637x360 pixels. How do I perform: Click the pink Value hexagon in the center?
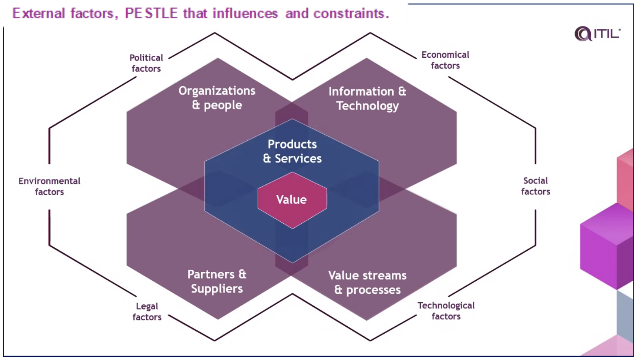coord(292,200)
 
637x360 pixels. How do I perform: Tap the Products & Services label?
coord(292,151)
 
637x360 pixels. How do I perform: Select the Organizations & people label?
coord(217,98)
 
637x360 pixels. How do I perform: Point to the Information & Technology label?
coord(367,98)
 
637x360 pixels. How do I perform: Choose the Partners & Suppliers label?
coord(217,281)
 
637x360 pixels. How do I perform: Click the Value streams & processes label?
coord(367,283)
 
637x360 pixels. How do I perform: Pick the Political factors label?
coord(146,63)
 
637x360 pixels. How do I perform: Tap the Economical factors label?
coord(445,60)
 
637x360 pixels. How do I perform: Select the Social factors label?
coord(536,186)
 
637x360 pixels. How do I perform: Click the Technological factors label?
coord(446,311)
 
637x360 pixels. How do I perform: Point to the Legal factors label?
coord(147,311)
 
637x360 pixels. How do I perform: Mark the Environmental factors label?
coord(49,186)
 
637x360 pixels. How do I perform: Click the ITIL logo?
coord(597,34)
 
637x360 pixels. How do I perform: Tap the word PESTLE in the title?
coord(151,13)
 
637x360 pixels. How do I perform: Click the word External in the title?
coord(38,13)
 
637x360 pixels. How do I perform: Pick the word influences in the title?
coord(245,13)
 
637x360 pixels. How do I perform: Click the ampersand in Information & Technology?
coord(402,91)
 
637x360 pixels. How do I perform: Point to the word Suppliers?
coord(217,289)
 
